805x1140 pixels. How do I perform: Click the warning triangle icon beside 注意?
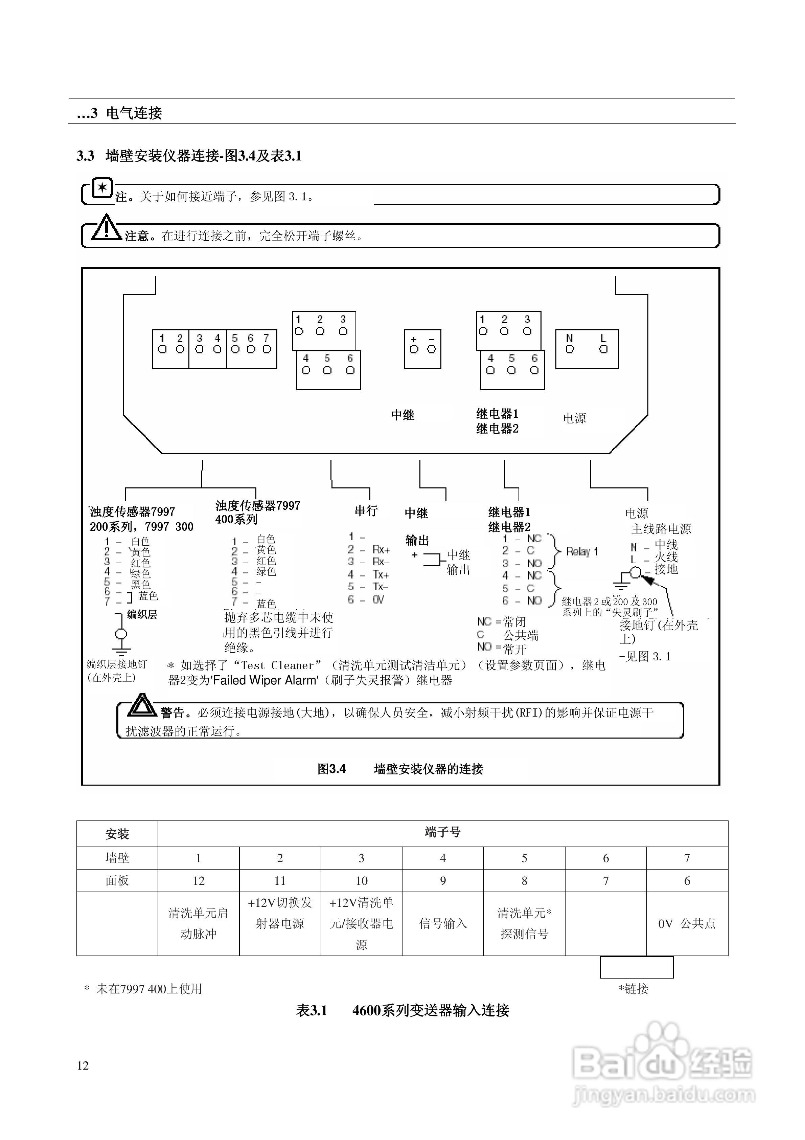point(106,228)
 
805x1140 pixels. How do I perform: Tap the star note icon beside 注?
point(103,188)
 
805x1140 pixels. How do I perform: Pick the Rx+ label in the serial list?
point(381,550)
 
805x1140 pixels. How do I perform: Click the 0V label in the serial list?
point(378,600)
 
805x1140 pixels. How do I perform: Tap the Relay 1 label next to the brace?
point(582,552)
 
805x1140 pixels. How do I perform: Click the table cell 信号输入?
point(443,923)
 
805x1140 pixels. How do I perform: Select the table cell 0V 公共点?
point(687,923)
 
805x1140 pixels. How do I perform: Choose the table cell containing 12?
point(199,881)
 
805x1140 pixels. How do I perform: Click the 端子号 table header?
point(443,832)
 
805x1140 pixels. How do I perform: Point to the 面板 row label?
point(117,881)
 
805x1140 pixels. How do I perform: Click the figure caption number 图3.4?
point(331,769)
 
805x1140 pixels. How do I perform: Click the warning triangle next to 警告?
point(142,705)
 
